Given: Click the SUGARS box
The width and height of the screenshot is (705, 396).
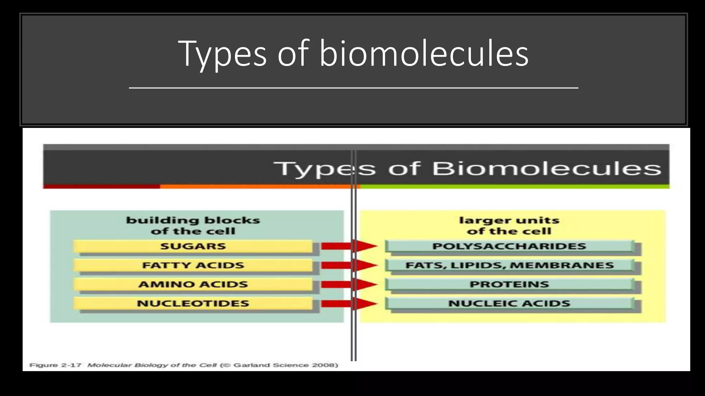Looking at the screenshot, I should [x=193, y=246].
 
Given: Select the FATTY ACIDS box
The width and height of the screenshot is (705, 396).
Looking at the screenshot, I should [x=193, y=265].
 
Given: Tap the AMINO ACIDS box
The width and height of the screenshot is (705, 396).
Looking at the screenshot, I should [x=193, y=284].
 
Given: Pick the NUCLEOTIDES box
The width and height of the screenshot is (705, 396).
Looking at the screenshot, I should [x=193, y=304].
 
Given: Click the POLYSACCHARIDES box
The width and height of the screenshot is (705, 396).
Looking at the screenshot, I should [x=509, y=246].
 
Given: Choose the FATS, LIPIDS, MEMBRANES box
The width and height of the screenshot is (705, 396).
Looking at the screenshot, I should [x=509, y=265].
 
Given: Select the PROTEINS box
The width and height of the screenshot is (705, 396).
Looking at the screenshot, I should [x=509, y=284].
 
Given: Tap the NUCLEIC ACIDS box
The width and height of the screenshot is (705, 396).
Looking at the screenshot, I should [x=509, y=304].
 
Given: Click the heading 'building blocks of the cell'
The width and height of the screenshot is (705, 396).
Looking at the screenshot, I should [x=193, y=225].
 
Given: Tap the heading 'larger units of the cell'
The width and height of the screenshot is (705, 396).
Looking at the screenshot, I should [x=509, y=225].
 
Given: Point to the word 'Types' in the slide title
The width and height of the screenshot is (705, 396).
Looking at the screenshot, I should [x=222, y=54].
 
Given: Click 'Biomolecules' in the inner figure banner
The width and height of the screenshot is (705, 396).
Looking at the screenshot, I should [x=546, y=168].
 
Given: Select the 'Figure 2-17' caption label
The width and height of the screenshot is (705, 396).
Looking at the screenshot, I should [x=55, y=365].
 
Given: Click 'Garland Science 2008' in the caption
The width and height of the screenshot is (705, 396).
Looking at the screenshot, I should [x=285, y=365].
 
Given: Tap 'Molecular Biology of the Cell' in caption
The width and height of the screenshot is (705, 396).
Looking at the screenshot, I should [x=152, y=365].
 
